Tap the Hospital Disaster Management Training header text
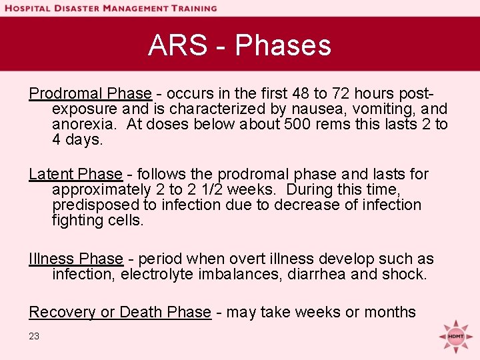click(x=110, y=8)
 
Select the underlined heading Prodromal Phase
click(x=90, y=93)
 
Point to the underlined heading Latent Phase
click(x=75, y=175)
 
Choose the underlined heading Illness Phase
click(x=76, y=259)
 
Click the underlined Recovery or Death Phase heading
click(x=120, y=312)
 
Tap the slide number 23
click(x=34, y=337)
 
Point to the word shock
click(x=405, y=274)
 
